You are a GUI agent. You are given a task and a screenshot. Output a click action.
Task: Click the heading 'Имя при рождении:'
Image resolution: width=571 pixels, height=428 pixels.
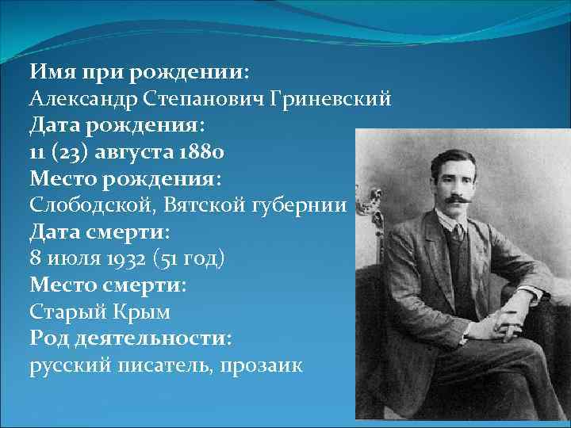tap(140, 72)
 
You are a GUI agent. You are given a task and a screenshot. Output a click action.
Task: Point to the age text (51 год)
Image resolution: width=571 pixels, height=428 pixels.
tap(194, 259)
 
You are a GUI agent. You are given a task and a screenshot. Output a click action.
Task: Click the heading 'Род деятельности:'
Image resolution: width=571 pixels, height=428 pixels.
tap(131, 339)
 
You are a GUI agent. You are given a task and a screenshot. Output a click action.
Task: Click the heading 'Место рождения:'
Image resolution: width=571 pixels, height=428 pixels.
tap(124, 179)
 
